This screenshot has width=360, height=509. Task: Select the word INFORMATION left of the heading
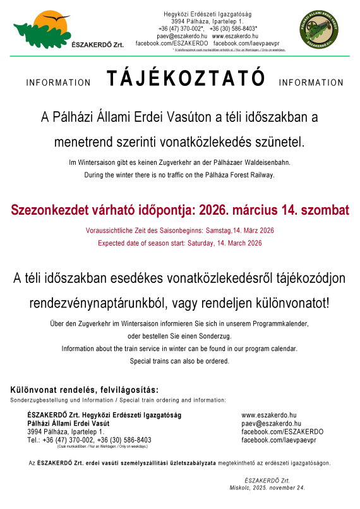point(59,83)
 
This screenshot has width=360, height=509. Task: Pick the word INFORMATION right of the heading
point(311,83)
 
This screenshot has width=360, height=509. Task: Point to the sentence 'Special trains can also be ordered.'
point(180,361)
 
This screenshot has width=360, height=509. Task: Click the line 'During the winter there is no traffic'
point(180,175)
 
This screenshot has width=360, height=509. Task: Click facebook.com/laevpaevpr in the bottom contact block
point(279,439)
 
